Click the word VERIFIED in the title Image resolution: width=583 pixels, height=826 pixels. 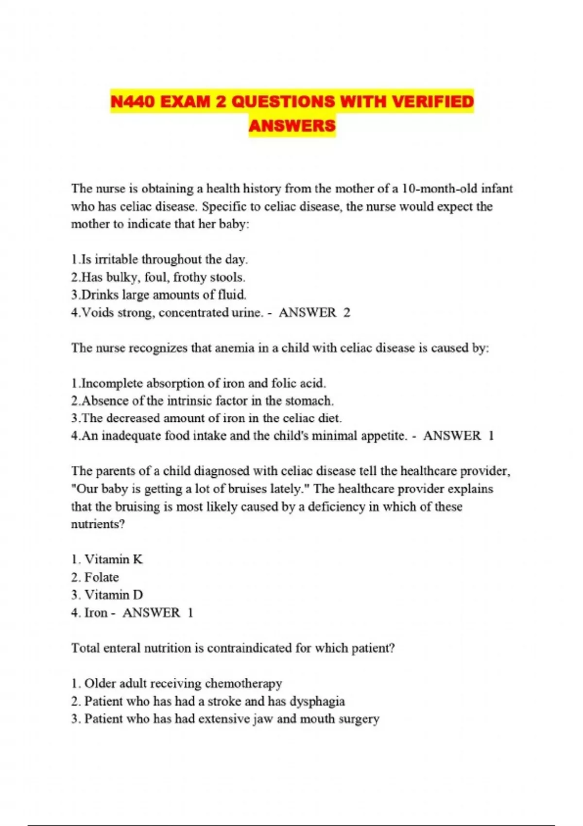(432, 102)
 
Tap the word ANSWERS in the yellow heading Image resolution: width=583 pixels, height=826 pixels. (292, 125)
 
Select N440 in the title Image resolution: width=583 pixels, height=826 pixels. (133, 102)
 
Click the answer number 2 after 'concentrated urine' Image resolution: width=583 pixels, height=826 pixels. (346, 312)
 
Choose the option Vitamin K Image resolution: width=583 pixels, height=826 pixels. (113, 559)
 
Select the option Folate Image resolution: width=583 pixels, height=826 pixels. (101, 577)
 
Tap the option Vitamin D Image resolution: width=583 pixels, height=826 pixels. (113, 595)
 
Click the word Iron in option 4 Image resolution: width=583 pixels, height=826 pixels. (96, 613)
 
